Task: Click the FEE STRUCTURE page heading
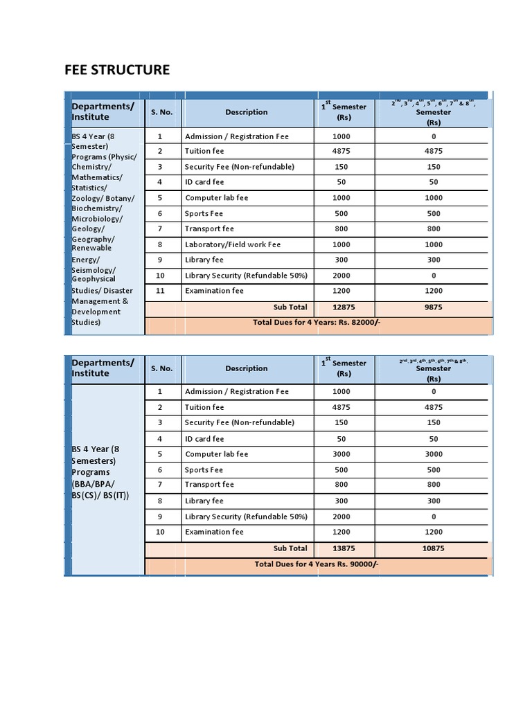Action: [116, 70]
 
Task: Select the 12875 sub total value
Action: [344, 307]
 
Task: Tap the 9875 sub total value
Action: [434, 307]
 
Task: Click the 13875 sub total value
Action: [344, 548]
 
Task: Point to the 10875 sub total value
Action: [434, 548]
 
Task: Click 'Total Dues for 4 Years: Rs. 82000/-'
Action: [317, 323]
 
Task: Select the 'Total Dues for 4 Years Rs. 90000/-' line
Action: [317, 564]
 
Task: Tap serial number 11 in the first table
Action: [160, 291]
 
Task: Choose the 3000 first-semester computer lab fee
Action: [344, 454]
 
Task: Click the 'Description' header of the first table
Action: [246, 112]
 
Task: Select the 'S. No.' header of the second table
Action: [161, 368]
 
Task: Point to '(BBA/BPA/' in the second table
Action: [94, 484]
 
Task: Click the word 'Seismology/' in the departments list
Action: [94, 269]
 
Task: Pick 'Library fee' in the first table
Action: [204, 260]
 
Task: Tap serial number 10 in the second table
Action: [160, 532]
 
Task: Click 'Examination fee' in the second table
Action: [214, 532]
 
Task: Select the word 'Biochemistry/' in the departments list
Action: [97, 208]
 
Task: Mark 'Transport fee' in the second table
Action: [209, 485]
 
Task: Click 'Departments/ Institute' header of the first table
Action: [103, 111]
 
